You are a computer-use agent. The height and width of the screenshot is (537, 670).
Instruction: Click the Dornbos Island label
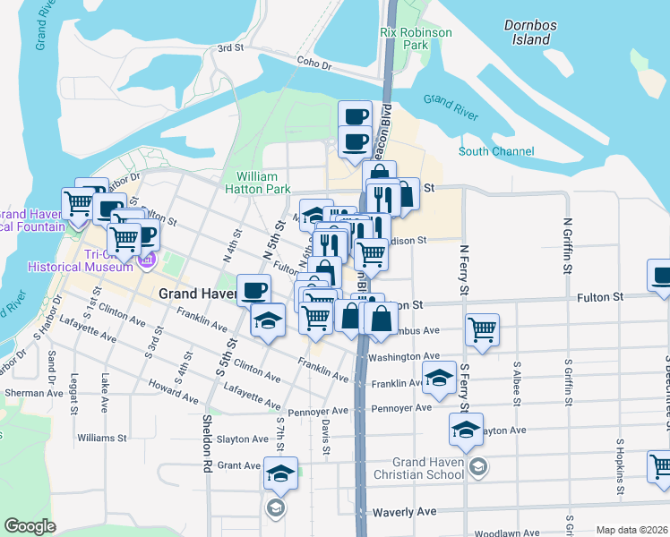526,32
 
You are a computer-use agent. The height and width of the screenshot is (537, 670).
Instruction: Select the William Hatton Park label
263,183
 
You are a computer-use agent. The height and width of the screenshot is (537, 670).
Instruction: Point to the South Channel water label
496,151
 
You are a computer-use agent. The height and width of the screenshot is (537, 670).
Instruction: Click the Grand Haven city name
196,294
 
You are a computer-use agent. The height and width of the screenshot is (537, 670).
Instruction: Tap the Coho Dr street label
314,64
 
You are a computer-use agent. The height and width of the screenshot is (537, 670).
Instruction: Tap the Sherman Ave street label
30,393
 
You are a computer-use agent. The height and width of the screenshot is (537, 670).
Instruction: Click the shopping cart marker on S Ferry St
482,329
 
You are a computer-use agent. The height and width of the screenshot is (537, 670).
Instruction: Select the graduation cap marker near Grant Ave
280,472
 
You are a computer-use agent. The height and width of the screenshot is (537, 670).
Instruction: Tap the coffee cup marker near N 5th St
253,289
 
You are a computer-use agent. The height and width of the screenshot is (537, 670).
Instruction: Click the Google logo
30,526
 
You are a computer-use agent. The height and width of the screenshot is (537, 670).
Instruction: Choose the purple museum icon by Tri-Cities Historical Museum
147,261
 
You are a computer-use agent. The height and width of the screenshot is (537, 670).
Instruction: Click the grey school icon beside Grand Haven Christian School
478,466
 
